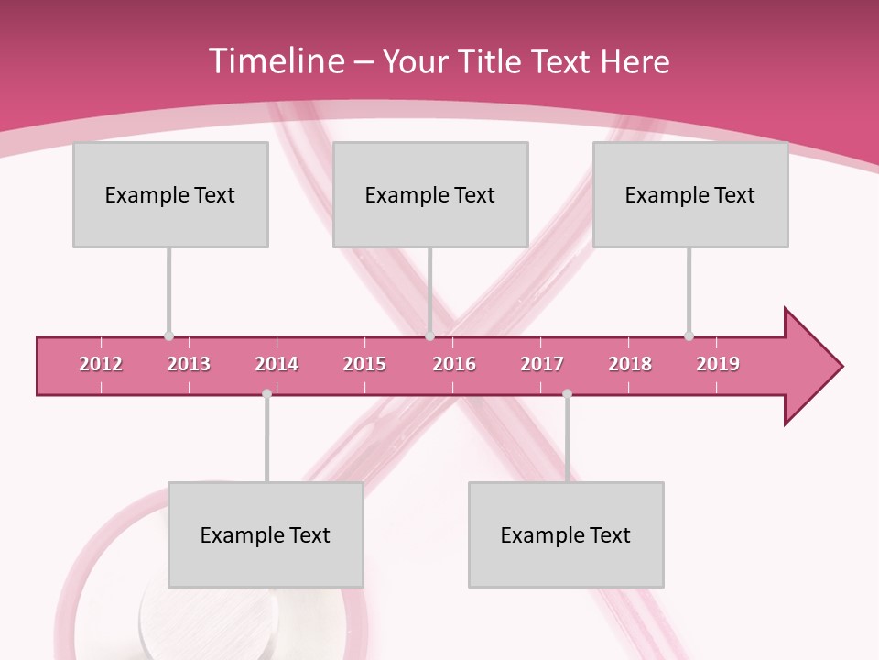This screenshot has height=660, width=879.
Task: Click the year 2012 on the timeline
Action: tap(101, 364)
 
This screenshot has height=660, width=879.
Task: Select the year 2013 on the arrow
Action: tap(189, 364)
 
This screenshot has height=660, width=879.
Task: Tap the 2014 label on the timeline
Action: tap(277, 364)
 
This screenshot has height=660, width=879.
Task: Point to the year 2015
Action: tap(364, 364)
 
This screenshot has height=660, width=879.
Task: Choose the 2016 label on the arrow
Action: tap(454, 364)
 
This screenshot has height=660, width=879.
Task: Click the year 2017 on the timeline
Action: tap(542, 364)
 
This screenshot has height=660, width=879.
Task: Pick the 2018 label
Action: tap(630, 364)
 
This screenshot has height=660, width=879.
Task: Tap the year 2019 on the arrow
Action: tap(718, 364)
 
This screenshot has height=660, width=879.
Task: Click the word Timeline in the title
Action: tap(274, 61)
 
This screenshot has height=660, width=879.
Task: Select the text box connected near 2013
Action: tap(170, 194)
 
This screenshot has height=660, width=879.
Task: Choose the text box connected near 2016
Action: tap(430, 194)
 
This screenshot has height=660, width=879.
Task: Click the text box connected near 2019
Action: tap(690, 194)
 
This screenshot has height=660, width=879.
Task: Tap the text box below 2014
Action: tap(266, 534)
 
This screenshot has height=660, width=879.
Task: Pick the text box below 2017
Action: tap(566, 534)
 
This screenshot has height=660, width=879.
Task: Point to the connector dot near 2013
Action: tap(168, 336)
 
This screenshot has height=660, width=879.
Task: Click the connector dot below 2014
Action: tap(266, 394)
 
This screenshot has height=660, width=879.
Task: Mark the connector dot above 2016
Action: tap(429, 336)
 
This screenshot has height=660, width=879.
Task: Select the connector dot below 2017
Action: tap(567, 394)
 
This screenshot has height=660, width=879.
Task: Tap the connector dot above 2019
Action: tap(689, 336)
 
